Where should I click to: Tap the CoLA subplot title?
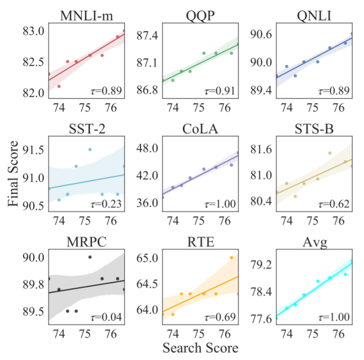(199, 128)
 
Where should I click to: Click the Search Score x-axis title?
(200, 349)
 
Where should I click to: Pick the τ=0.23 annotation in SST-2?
(106, 205)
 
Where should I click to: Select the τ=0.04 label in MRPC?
(106, 317)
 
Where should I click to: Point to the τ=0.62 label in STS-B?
(334, 205)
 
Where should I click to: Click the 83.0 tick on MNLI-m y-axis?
(34, 31)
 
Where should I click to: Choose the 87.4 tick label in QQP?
(148, 36)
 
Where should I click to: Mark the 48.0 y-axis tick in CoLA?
(148, 149)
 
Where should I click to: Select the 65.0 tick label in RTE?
(148, 257)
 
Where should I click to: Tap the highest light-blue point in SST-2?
(90, 150)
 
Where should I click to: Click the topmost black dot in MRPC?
(90, 257)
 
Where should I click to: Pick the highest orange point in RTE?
(231, 258)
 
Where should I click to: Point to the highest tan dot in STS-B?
(330, 153)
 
